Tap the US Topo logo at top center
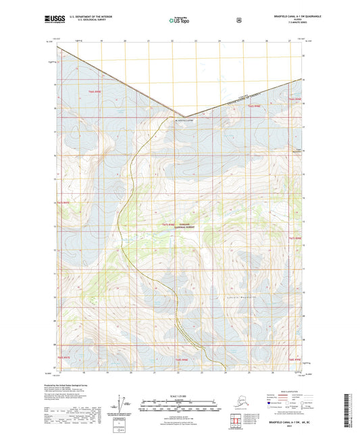click(x=179, y=21)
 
